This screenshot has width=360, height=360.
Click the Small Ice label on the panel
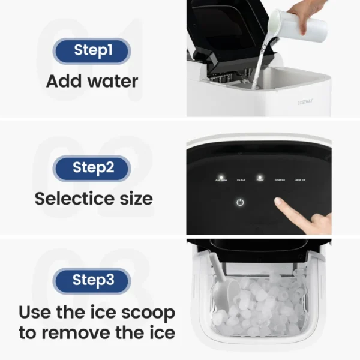point(280,179)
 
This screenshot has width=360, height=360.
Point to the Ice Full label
point(240,179)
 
